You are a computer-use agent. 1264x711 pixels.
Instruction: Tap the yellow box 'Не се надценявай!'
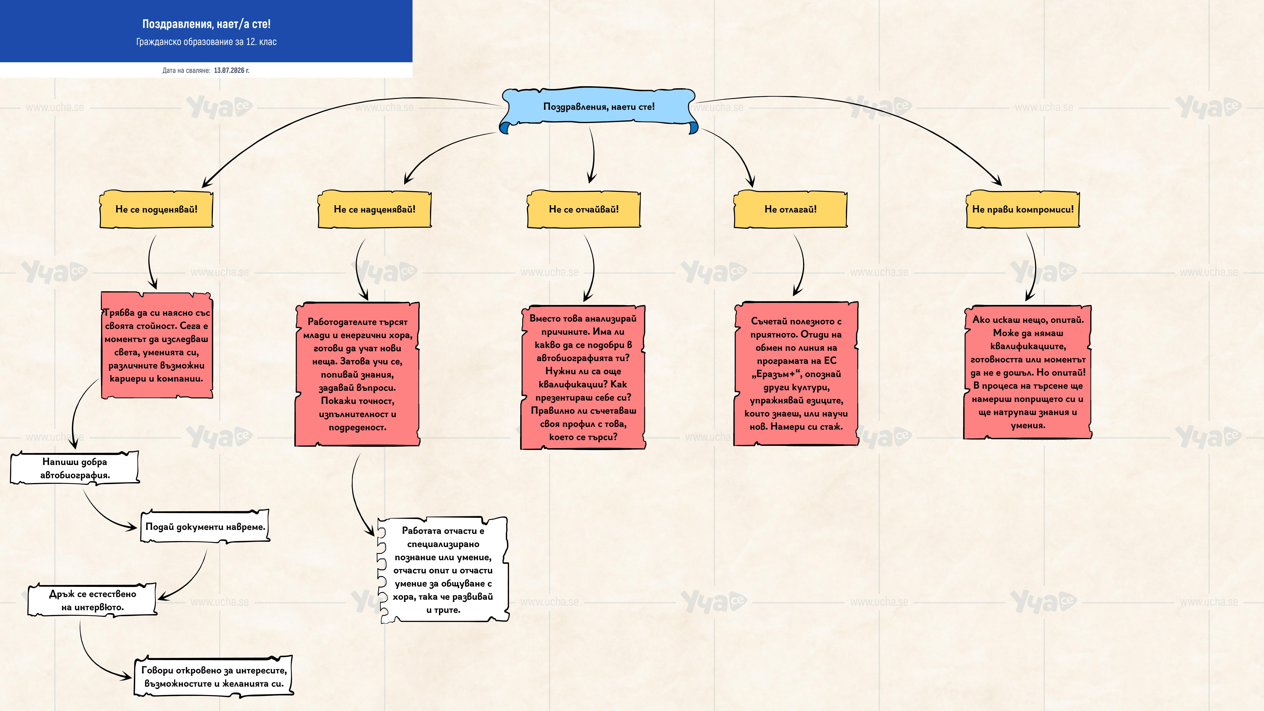374,210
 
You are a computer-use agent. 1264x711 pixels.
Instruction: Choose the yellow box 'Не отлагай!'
790,210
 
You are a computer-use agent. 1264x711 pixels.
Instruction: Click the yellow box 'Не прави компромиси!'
1023,210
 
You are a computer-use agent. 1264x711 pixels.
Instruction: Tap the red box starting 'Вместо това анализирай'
583,377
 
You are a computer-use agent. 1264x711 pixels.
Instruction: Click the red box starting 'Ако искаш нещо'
1028,372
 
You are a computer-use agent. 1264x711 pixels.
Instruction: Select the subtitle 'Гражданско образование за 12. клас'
206,42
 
